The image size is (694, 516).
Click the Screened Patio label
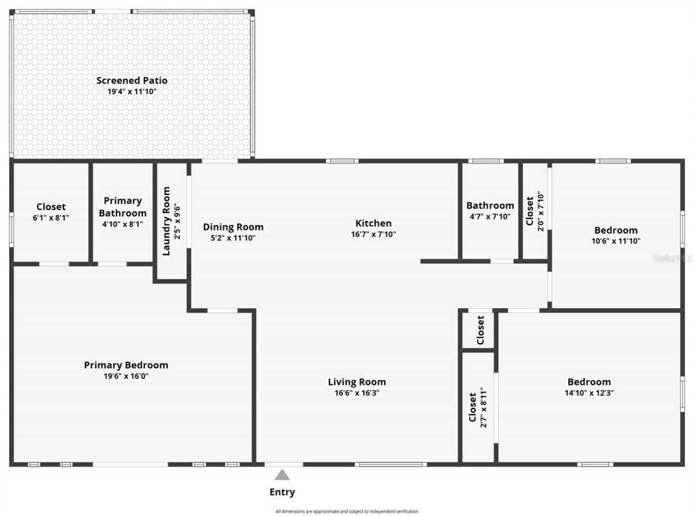tap(132, 80)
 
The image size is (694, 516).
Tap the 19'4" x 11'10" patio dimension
tap(132, 92)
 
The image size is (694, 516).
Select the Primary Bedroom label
tap(126, 365)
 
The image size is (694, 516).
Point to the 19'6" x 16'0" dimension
tap(126, 376)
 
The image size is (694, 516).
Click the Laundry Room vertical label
tap(166, 221)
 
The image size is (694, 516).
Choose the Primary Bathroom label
tap(123, 207)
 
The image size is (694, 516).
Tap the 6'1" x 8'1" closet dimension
tap(51, 217)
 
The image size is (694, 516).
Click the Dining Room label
tap(233, 227)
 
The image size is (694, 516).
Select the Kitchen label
tap(373, 223)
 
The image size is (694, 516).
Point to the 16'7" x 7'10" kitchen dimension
tap(373, 234)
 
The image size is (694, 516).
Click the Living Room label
tap(357, 382)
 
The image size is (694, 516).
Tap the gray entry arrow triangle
tap(282, 475)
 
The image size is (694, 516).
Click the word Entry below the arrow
tap(282, 493)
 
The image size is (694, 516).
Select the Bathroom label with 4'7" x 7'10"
tap(490, 206)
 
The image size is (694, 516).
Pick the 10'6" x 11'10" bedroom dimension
tap(615, 241)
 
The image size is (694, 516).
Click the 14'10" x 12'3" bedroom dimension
tap(589, 393)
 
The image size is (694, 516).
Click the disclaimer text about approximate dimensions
tap(347, 511)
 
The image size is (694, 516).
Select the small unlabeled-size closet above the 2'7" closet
tap(479, 330)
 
